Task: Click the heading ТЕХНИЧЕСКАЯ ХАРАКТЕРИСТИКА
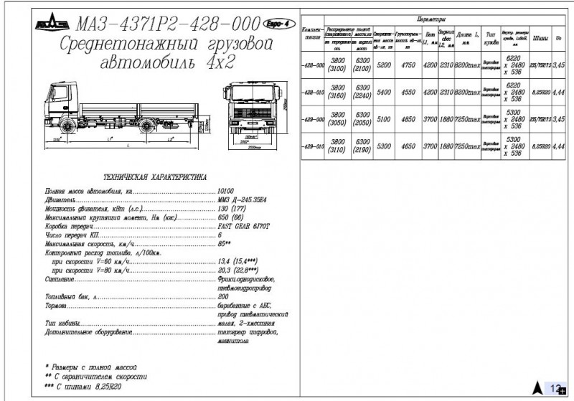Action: (154, 176)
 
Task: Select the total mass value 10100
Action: (227, 192)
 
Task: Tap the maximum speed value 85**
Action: (223, 244)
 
